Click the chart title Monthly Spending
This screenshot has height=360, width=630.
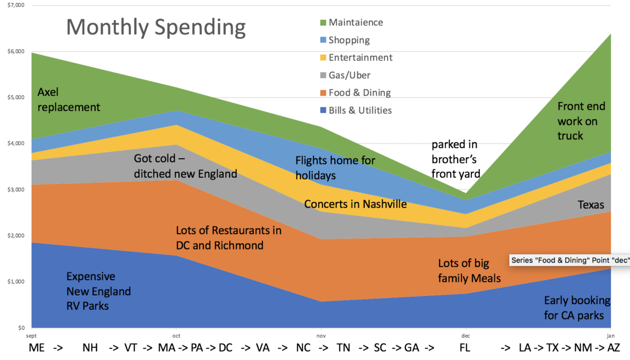point(156,27)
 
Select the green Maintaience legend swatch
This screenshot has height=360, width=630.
point(323,23)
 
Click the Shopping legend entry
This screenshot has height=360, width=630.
point(349,40)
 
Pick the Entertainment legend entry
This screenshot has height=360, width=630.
point(360,57)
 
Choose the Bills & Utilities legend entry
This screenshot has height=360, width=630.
point(360,110)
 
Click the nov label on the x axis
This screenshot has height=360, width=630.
point(321,335)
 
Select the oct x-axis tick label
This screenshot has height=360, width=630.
point(176,335)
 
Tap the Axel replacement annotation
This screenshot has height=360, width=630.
point(68,100)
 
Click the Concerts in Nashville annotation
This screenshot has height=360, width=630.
point(355,204)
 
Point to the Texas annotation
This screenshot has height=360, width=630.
point(591,205)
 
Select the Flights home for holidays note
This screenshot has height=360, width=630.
point(335,168)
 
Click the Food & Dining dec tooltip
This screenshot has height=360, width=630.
point(569,260)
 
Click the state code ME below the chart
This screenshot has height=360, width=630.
point(37,348)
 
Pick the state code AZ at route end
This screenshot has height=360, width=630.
point(614,348)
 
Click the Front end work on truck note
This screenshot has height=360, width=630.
point(581,121)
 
